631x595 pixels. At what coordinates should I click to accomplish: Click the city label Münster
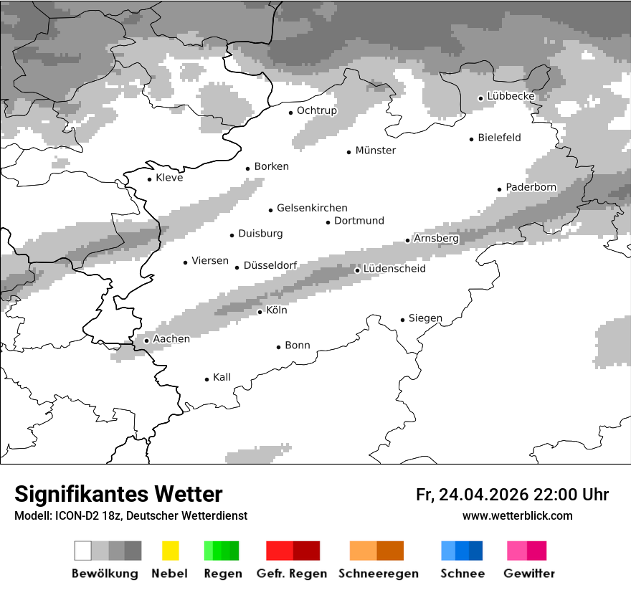[376, 151]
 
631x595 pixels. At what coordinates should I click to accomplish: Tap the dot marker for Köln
[260, 312]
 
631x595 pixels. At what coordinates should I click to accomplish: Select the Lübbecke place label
[511, 96]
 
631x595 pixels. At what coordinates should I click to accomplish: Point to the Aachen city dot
[146, 341]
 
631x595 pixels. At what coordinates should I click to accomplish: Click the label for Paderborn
[531, 187]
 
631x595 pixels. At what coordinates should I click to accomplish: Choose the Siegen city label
[425, 318]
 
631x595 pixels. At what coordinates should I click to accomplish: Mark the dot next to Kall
[207, 379]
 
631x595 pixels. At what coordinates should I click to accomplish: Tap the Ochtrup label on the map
[317, 110]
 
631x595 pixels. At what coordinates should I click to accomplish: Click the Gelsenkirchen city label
[312, 208]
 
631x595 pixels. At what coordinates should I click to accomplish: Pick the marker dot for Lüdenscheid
[357, 270]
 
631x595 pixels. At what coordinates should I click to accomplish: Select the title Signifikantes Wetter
[118, 494]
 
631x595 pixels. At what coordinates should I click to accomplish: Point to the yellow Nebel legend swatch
[170, 551]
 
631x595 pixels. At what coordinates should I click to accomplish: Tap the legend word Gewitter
[529, 573]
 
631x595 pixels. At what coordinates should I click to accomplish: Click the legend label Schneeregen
[379, 573]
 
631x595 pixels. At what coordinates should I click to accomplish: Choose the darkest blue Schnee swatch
[476, 551]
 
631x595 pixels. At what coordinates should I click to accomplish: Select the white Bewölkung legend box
[83, 551]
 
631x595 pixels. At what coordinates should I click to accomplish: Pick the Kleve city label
[169, 178]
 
